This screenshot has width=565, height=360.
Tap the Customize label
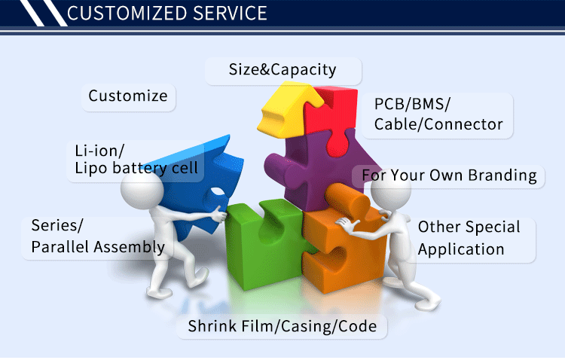click(x=128, y=96)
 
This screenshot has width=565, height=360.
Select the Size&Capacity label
click(x=282, y=70)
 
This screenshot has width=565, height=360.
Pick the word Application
click(x=461, y=249)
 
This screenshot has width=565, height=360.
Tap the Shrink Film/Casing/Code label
click(x=282, y=327)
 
